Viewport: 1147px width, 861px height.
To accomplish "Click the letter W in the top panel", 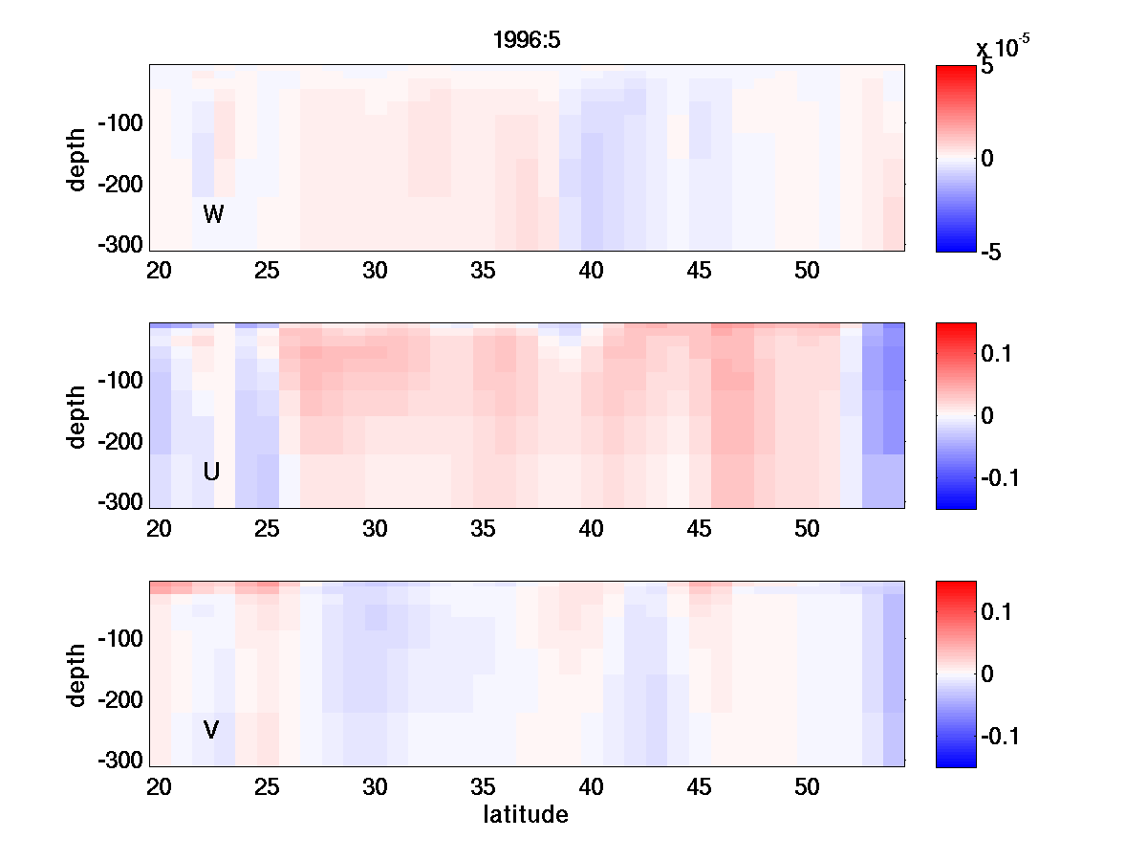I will point(213,214).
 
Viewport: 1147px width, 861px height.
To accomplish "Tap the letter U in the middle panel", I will point(211,472).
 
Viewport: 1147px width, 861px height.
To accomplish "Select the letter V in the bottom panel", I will point(211,731).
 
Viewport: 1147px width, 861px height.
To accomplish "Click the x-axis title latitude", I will point(526,815).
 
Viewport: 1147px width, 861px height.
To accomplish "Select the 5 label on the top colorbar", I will point(986,67).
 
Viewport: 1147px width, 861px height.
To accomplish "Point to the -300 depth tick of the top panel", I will point(120,243).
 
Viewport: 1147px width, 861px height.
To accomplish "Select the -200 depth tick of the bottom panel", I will point(120,700).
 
